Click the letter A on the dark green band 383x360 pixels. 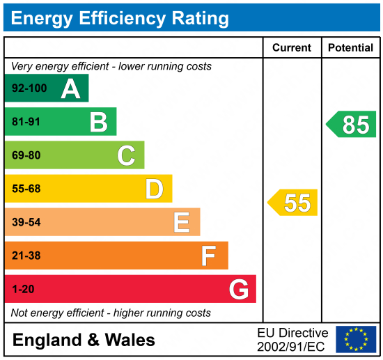click(x=70, y=88)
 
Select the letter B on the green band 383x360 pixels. click(x=98, y=122)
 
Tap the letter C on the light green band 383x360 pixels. click(x=126, y=155)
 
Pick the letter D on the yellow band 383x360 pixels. click(x=154, y=189)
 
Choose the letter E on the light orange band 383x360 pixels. click(x=182, y=222)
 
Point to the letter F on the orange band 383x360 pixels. click(x=208, y=256)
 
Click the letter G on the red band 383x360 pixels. click(x=239, y=289)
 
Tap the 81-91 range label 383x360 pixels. click(x=26, y=122)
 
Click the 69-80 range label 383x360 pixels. click(x=26, y=155)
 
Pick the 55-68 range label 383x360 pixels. click(x=26, y=189)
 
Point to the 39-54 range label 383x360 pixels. click(x=26, y=222)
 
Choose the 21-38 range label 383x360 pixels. click(x=26, y=256)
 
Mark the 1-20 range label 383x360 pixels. click(x=23, y=289)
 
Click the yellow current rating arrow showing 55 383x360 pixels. click(x=293, y=203)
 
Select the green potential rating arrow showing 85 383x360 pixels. click(x=352, y=125)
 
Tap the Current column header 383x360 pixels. click(x=292, y=48)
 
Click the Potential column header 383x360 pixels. click(x=351, y=48)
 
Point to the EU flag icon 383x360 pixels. click(x=356, y=339)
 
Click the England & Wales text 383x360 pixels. click(x=84, y=341)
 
